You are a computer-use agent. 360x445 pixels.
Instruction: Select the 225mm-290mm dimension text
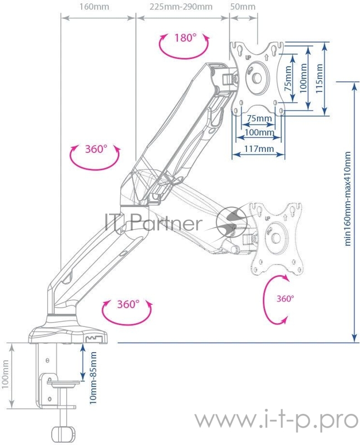coord(181,8)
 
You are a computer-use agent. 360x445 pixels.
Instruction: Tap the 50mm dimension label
coord(243,8)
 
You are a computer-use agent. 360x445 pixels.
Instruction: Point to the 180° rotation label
coord(185,38)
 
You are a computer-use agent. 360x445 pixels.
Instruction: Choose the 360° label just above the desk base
coord(127,304)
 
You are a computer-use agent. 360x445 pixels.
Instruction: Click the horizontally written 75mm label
coord(259,118)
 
